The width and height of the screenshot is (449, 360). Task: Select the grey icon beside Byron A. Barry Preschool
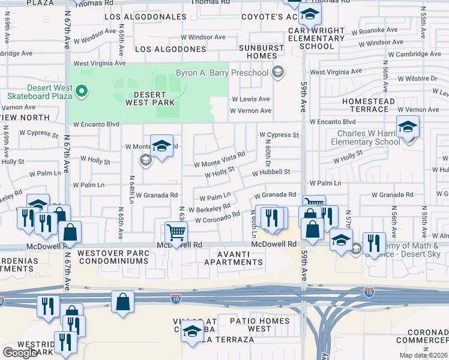click(277, 73)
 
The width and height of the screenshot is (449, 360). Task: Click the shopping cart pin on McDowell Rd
click(175, 232)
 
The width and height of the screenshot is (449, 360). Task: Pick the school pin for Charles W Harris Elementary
click(408, 127)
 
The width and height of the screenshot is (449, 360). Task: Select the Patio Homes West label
click(259, 325)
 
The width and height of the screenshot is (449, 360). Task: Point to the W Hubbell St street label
click(271, 172)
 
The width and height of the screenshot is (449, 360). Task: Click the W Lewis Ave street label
click(251, 99)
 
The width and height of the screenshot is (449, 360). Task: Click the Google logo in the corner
click(20, 353)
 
